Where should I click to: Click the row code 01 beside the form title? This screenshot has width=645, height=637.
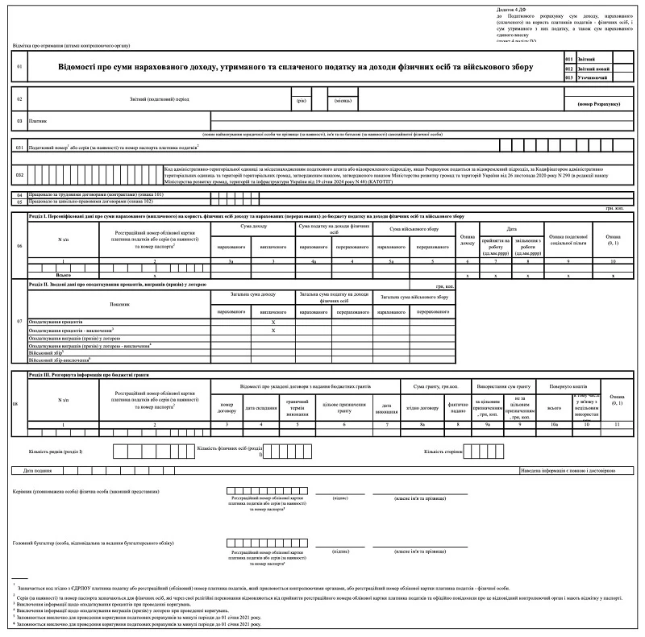click(19, 67)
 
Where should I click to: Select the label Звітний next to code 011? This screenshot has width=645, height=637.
click(588, 59)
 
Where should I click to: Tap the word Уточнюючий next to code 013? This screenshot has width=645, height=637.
click(592, 77)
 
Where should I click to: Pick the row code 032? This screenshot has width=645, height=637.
click(19, 173)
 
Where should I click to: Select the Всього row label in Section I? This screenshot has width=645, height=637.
click(64, 275)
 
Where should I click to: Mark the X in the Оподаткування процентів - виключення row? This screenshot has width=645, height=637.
click(273, 330)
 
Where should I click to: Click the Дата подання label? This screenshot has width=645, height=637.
click(38, 469)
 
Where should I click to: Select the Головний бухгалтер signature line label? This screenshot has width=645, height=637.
click(94, 543)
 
